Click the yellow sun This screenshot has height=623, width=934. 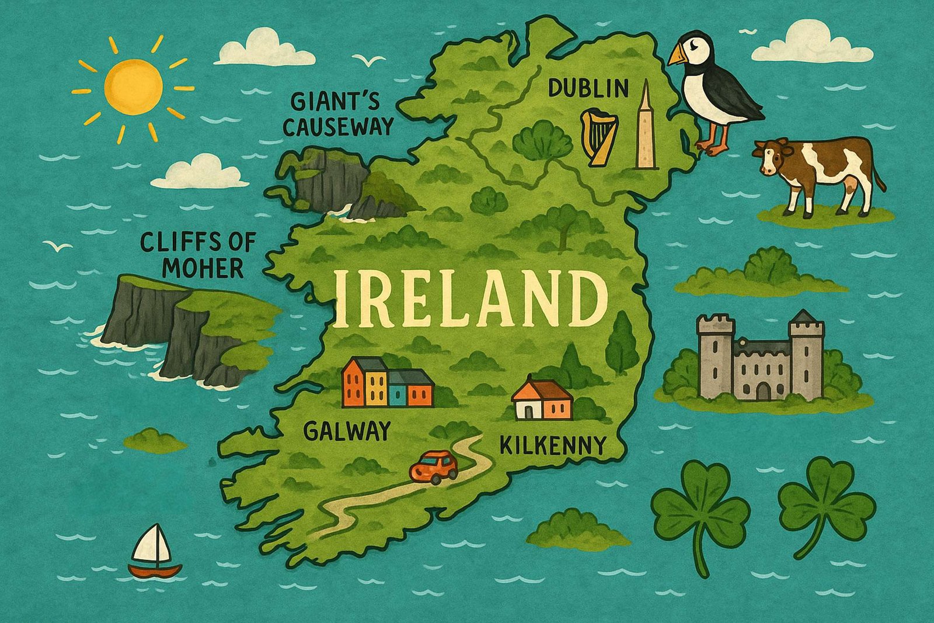[133, 86]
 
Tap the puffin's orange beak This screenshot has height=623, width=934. [679, 56]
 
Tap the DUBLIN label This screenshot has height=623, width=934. [588, 89]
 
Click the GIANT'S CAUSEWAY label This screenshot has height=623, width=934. [336, 115]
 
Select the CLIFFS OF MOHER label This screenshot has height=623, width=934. [198, 255]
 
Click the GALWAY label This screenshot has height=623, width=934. [347, 431]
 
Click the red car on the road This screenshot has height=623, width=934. [434, 466]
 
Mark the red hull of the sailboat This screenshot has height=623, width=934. [155, 570]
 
